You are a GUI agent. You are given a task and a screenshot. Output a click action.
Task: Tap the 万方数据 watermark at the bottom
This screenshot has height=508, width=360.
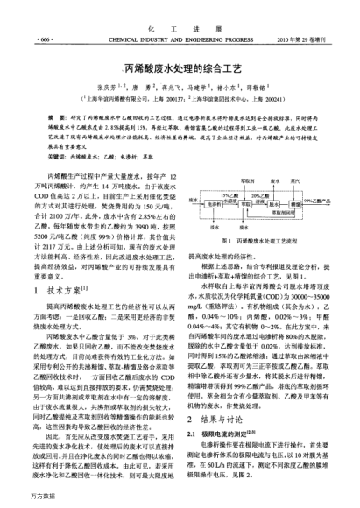coord(19,500)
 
